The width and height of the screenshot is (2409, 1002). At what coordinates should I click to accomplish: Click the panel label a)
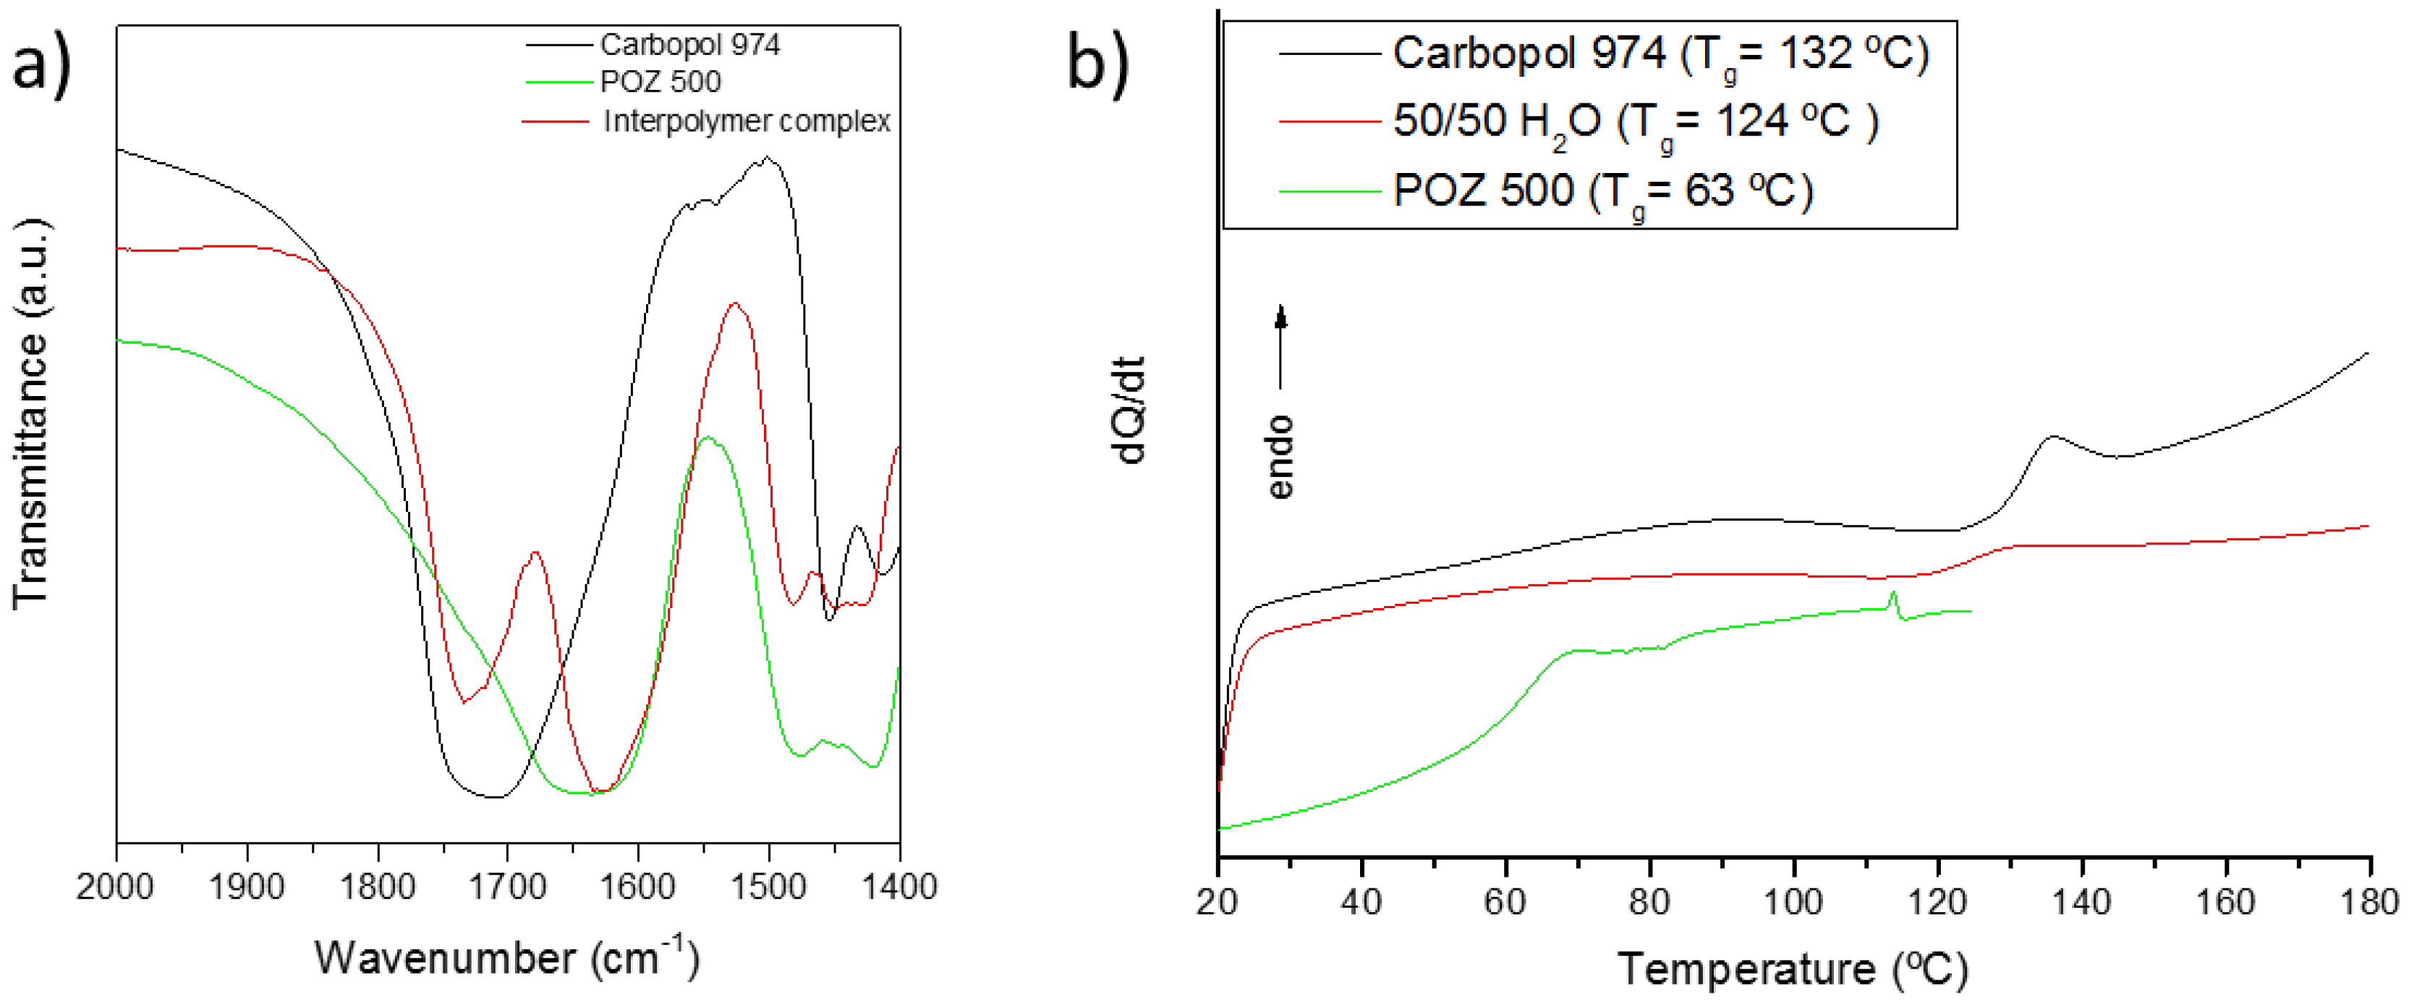[x=41, y=64]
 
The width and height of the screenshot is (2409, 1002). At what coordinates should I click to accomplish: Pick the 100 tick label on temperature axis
[x=1793, y=902]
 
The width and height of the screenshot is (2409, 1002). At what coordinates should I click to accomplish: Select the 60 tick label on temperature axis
[x=1505, y=902]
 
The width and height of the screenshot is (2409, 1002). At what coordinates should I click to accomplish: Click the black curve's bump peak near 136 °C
[x=2052, y=436]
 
